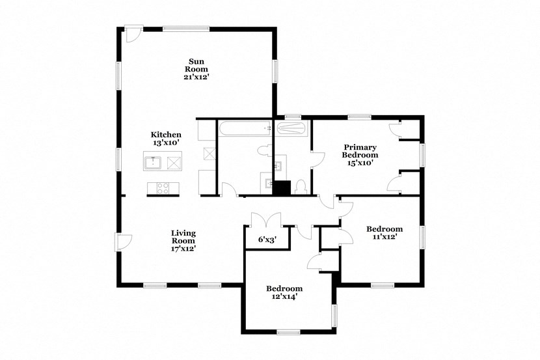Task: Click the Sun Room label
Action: (196, 68)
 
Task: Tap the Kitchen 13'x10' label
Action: (166, 138)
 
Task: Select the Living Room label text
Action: (183, 240)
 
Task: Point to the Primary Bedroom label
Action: (360, 155)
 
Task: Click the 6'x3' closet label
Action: (267, 240)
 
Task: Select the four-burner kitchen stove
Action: (163, 189)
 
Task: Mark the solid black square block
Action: (281, 187)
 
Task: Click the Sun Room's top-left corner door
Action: (132, 35)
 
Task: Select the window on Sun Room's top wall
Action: (186, 29)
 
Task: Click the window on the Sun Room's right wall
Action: (275, 72)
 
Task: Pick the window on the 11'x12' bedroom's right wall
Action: (422, 236)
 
